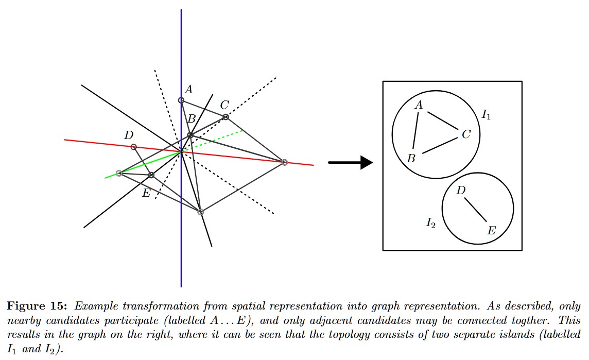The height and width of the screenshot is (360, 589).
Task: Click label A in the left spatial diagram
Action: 188,90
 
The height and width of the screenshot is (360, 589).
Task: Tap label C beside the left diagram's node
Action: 224,105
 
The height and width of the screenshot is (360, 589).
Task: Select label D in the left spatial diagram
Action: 129,135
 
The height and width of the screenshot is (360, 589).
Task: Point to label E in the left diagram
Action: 146,193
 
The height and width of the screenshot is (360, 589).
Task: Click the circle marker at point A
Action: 181,100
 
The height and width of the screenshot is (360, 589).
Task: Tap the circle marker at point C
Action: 226,117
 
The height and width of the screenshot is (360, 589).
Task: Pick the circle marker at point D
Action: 134,147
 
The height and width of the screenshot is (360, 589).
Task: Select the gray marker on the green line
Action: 119,173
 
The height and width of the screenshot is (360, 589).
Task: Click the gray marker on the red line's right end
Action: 285,162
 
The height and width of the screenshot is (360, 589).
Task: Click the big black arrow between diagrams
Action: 351,163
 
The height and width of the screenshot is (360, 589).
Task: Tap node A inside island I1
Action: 419,105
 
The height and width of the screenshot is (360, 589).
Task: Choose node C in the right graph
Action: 466,134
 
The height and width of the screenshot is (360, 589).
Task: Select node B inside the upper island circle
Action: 411,159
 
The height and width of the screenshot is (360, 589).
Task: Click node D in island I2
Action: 461,191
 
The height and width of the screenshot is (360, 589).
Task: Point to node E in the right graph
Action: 491,230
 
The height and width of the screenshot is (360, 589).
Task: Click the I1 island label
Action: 486,115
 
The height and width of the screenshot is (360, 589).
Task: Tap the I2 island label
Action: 431,222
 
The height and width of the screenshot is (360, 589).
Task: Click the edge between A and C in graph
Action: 442,122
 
